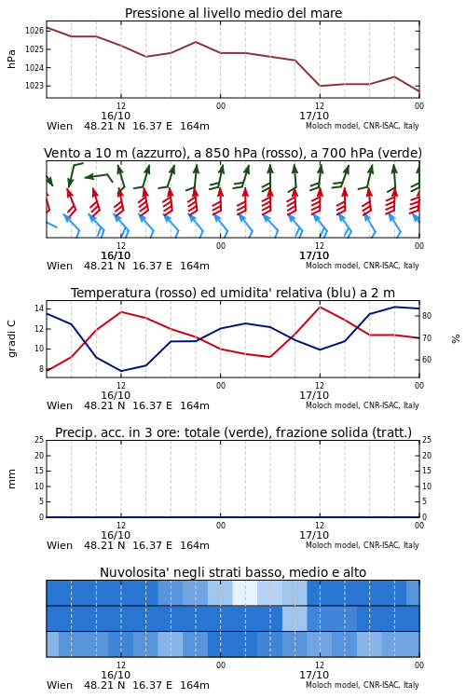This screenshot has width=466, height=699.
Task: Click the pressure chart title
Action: pyautogui.click(x=233, y=13)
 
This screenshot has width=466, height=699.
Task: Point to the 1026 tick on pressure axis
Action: pyautogui.click(x=34, y=31)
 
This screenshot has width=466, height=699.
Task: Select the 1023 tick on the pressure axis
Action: pyautogui.click(x=34, y=86)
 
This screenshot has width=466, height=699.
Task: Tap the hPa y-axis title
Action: pyautogui.click(x=11, y=59)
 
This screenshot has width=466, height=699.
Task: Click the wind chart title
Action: pyautogui.click(x=233, y=153)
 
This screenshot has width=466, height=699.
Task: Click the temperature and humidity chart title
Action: pyautogui.click(x=233, y=293)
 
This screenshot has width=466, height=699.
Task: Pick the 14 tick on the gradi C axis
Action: pyautogui.click(x=39, y=308)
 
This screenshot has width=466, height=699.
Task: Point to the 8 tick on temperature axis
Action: pyautogui.click(x=41, y=369)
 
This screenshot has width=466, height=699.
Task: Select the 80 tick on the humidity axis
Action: pyautogui.click(x=427, y=316)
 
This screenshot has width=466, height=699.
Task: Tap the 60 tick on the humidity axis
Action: pyautogui.click(x=427, y=360)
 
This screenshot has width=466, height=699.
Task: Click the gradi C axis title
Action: pyautogui.click(x=12, y=339)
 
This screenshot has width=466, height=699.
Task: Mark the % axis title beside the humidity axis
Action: pyautogui.click(x=456, y=339)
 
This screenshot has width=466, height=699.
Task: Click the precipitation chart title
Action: pyautogui.click(x=233, y=432)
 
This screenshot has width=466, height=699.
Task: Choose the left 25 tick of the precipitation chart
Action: pyautogui.click(x=39, y=440)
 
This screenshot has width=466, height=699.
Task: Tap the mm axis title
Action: pyautogui.click(x=11, y=479)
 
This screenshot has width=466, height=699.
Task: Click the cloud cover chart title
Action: pyautogui.click(x=233, y=572)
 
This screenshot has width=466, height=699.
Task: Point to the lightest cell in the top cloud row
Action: pyautogui.click(x=245, y=593)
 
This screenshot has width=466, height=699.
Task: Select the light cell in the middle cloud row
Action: pyautogui.click(x=295, y=618)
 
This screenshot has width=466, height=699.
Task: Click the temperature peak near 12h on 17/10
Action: pyautogui.click(x=320, y=307)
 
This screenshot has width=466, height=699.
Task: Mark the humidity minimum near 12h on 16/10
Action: pyautogui.click(x=121, y=371)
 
